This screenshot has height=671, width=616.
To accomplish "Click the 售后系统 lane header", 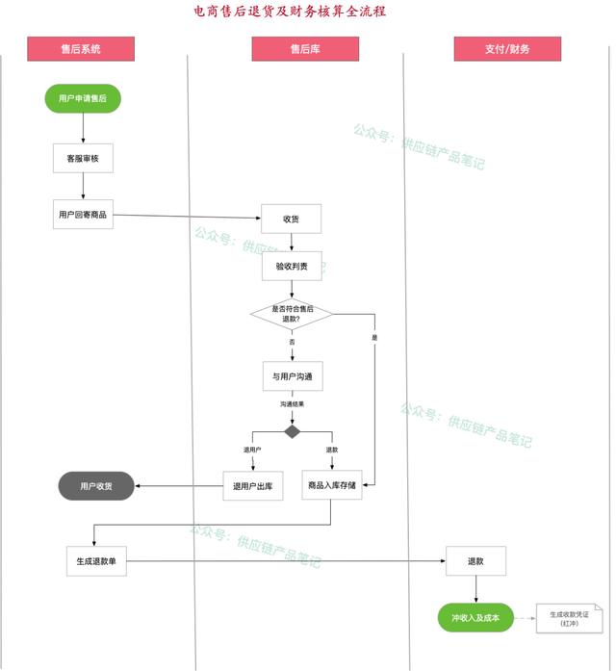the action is [x=81, y=49].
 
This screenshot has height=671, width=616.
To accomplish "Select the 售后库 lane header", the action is [x=305, y=49].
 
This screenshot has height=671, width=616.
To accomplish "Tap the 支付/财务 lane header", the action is [x=507, y=49].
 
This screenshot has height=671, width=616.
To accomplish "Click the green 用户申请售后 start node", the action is [x=83, y=98].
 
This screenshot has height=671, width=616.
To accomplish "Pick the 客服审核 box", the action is [x=83, y=158].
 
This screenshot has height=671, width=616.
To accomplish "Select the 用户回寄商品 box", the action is [x=83, y=215].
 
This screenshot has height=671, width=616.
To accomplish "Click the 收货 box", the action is [x=292, y=219].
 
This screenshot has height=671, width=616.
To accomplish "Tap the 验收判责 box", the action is [x=292, y=266].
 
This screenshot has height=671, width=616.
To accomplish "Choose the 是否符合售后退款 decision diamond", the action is [x=293, y=314].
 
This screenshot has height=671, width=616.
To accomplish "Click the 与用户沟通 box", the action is [x=293, y=376].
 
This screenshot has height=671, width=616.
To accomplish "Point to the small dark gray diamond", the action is [x=293, y=432].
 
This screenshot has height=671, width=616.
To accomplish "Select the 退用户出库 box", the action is [x=253, y=486].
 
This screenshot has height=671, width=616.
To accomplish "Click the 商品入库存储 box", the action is [x=332, y=485].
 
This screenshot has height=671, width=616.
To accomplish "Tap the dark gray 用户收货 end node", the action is [x=96, y=486].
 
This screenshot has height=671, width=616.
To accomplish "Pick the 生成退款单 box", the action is [x=96, y=561].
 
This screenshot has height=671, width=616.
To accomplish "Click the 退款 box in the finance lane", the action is [x=475, y=561].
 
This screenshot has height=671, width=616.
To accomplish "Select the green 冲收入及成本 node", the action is [x=475, y=618].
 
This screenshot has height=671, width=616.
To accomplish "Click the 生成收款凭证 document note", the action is [x=570, y=619].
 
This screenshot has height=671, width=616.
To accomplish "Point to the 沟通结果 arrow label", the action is [x=293, y=404].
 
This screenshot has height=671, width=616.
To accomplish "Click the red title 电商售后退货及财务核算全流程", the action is [x=290, y=12].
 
